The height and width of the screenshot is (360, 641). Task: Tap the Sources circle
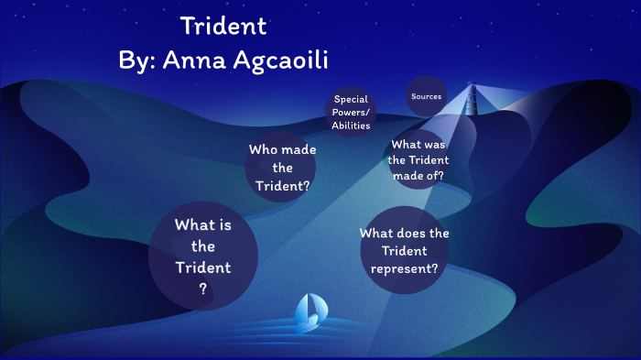[427, 96]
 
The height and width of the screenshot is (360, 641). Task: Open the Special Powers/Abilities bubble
[351, 113]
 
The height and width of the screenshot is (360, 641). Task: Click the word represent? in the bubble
[404, 268]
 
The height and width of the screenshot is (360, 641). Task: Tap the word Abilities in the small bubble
[351, 126]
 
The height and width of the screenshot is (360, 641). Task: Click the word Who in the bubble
[263, 148]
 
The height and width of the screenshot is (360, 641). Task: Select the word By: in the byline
[139, 60]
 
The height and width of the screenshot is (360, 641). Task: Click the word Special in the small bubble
[351, 99]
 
